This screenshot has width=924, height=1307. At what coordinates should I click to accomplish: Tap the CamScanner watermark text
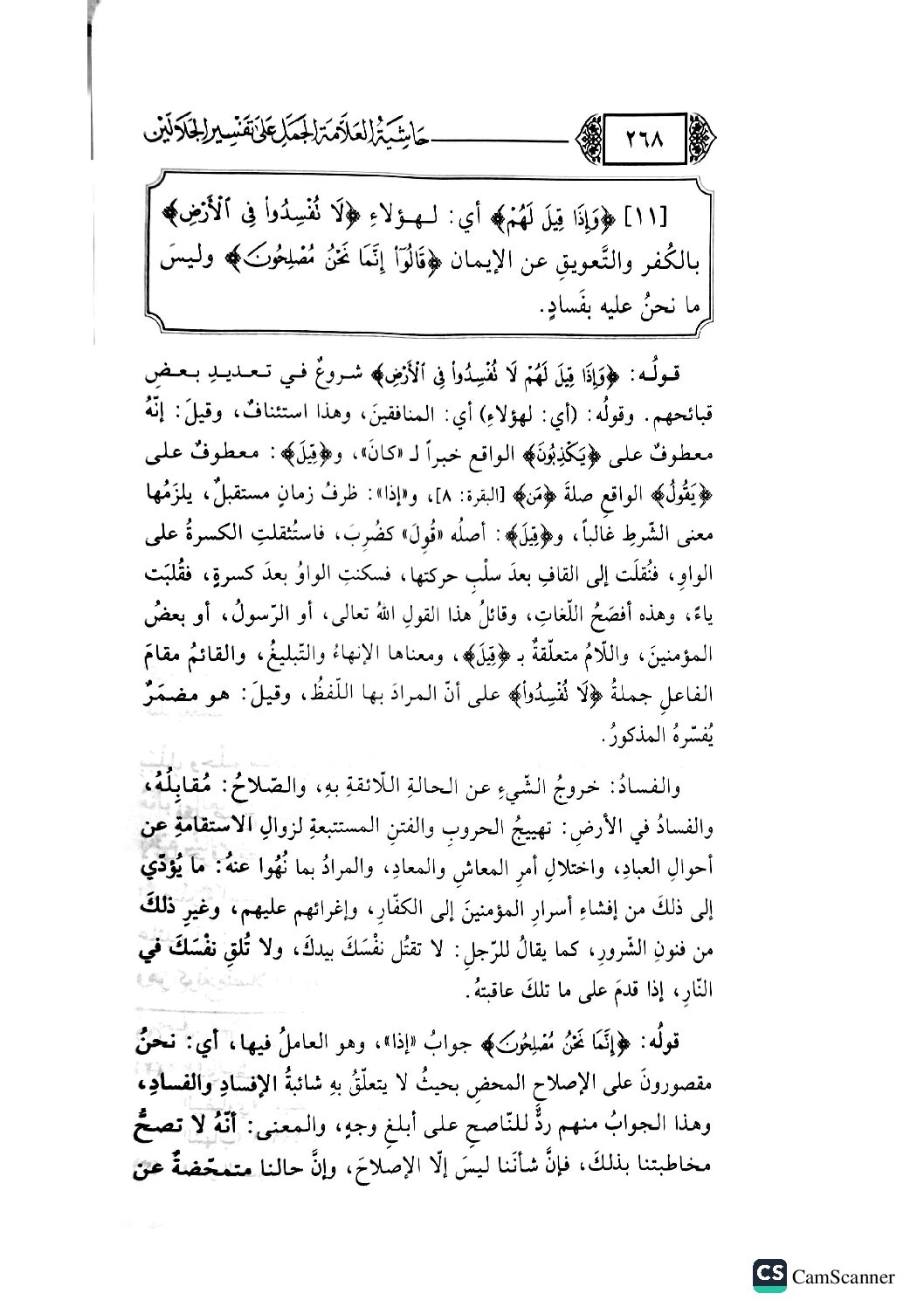point(844,1276)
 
